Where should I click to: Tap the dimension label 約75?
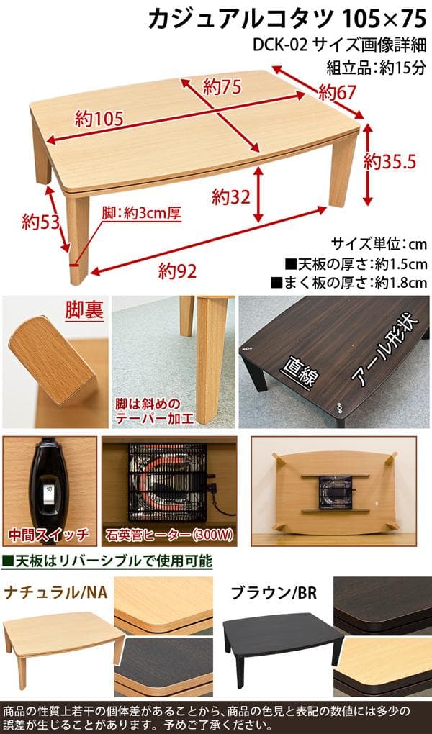pyautogui.click(x=221, y=86)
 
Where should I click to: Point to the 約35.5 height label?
pyautogui.click(x=390, y=161)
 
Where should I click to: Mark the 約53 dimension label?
pyautogui.click(x=39, y=220)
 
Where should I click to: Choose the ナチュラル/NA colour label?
pyautogui.click(x=56, y=593)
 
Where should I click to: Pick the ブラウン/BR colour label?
pyautogui.click(x=274, y=593)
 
